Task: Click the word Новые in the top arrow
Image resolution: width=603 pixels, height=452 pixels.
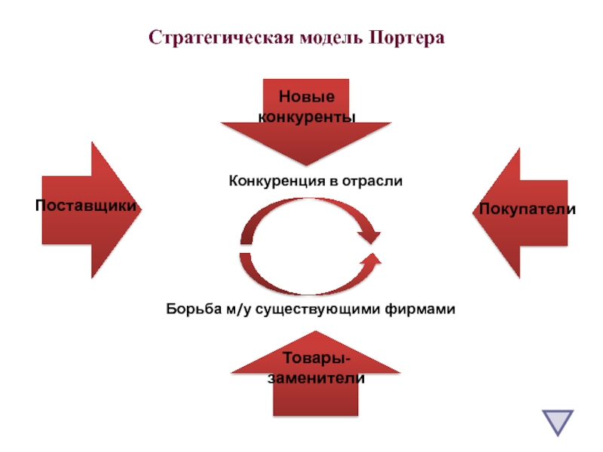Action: (306, 98)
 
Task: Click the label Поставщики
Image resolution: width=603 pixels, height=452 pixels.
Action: (86, 206)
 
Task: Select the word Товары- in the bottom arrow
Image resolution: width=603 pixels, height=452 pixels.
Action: (316, 359)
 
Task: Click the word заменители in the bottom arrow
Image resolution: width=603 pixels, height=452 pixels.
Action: (316, 378)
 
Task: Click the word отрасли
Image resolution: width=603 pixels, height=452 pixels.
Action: (374, 181)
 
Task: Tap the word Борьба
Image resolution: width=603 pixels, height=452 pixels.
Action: (190, 309)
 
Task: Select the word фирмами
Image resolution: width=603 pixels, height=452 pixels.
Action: (425, 309)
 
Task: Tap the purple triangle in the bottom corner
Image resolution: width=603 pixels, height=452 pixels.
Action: (557, 422)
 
